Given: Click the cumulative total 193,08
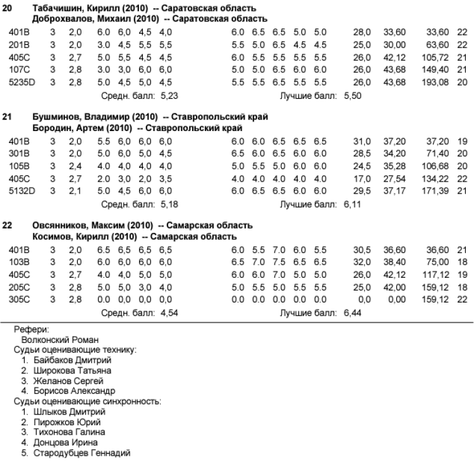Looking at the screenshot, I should pyautogui.click(x=435, y=83).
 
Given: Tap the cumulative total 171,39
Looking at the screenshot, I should pyautogui.click(x=435, y=190).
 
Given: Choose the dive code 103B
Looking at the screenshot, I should pyautogui.click(x=18, y=261).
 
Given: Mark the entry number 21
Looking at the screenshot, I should pyautogui.click(x=8, y=117).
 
